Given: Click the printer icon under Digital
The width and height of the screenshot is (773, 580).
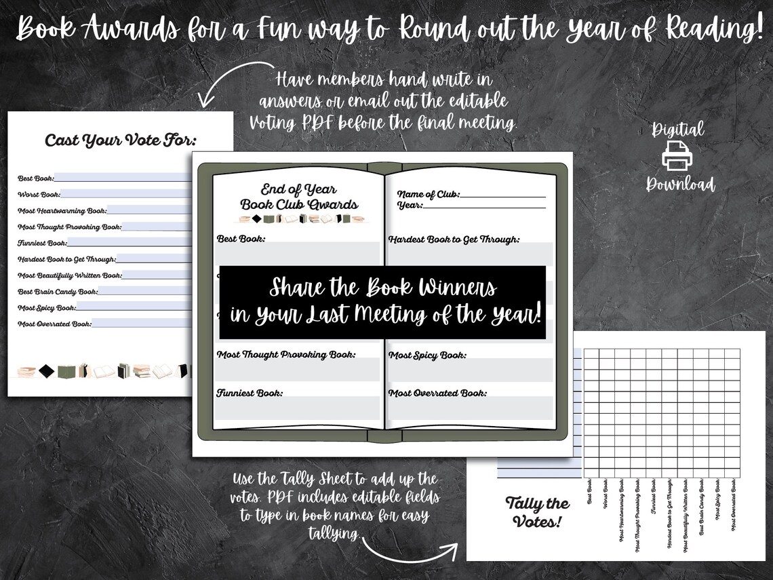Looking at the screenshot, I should point(676,155).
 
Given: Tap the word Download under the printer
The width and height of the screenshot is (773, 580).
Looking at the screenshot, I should point(680,184).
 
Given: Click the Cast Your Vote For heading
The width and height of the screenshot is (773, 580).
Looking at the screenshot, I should point(120,141).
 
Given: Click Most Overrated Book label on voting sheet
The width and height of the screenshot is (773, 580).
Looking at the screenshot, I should point(54,324).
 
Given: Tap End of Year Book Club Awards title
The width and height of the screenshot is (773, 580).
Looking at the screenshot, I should point(298,197).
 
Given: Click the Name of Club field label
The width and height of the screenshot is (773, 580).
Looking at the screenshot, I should point(428,194).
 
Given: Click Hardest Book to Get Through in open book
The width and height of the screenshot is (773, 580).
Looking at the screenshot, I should point(454,239).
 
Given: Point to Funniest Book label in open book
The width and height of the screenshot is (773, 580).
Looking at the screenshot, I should point(250,393).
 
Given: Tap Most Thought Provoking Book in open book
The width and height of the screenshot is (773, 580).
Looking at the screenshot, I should point(286,354).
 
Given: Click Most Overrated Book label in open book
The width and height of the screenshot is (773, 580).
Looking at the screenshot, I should point(437,393).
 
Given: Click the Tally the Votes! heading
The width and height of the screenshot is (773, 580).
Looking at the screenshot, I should point(538,512).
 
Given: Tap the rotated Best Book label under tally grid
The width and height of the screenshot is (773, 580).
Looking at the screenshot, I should point(589,492).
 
